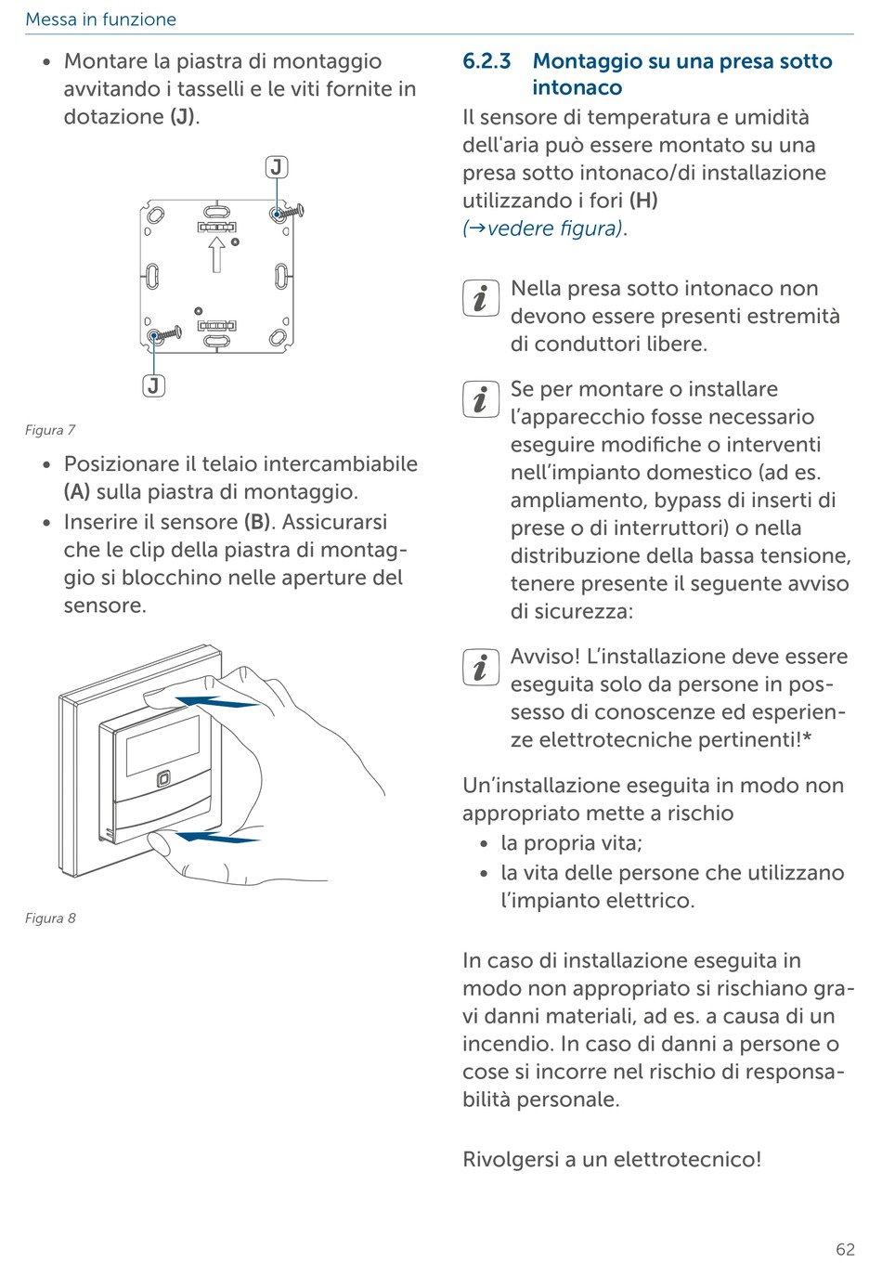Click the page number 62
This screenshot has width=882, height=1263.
click(x=845, y=1249)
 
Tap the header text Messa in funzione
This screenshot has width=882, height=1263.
click(x=100, y=20)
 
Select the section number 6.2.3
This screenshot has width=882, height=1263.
click(x=486, y=61)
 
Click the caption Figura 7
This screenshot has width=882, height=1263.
click(x=50, y=430)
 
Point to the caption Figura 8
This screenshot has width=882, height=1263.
click(x=50, y=918)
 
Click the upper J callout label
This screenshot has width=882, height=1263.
click(x=277, y=167)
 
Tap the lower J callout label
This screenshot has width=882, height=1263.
click(x=153, y=385)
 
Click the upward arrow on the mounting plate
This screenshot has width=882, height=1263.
click(x=216, y=254)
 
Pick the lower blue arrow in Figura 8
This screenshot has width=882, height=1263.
click(x=219, y=839)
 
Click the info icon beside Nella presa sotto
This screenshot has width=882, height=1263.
click(x=480, y=299)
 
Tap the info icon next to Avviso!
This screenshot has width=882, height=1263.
click(x=480, y=667)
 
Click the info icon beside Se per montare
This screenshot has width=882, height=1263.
click(x=480, y=399)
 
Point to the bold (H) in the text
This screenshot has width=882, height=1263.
click(x=642, y=201)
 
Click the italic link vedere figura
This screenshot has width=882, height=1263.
click(x=554, y=228)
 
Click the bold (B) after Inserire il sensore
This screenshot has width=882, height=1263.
click(x=258, y=522)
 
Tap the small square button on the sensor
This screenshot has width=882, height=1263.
click(x=163, y=779)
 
